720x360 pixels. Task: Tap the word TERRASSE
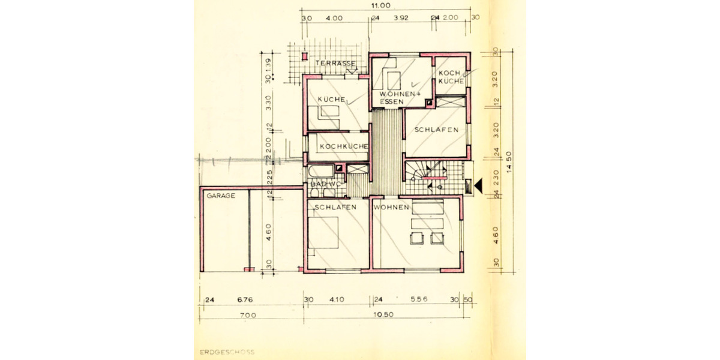pyautogui.click(x=337, y=64)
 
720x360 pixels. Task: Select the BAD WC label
pyautogui.click(x=325, y=184)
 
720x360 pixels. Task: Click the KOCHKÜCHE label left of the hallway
pyautogui.click(x=343, y=146)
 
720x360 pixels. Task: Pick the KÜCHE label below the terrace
pyautogui.click(x=331, y=99)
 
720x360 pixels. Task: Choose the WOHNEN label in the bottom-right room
pyautogui.click(x=391, y=207)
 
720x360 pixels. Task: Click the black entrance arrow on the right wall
pyautogui.click(x=478, y=187)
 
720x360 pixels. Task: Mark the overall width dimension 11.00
pyautogui.click(x=380, y=5)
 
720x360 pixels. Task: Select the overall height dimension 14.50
pyautogui.click(x=509, y=161)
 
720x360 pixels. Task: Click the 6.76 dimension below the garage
pyautogui.click(x=245, y=299)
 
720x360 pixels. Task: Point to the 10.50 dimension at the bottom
pyautogui.click(x=385, y=314)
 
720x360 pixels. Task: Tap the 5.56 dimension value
pyautogui.click(x=419, y=299)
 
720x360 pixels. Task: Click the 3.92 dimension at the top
pyautogui.click(x=401, y=18)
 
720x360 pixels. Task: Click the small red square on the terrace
pyautogui.click(x=305, y=58)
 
